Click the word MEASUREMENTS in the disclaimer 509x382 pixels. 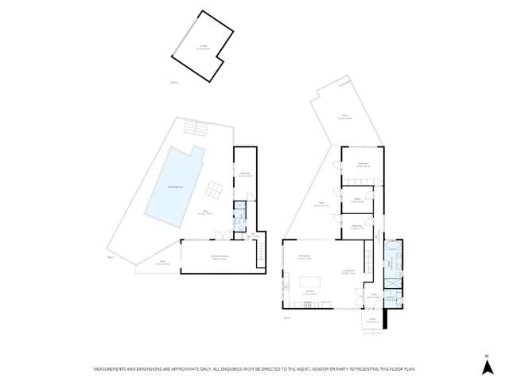tap(112, 369)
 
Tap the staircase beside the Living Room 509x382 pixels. tap(367, 259)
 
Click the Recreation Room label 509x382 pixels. tap(220, 256)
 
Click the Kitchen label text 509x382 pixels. tap(309, 292)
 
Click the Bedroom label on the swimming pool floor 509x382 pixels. tap(246, 174)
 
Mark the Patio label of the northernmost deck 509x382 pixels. tap(345, 116)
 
